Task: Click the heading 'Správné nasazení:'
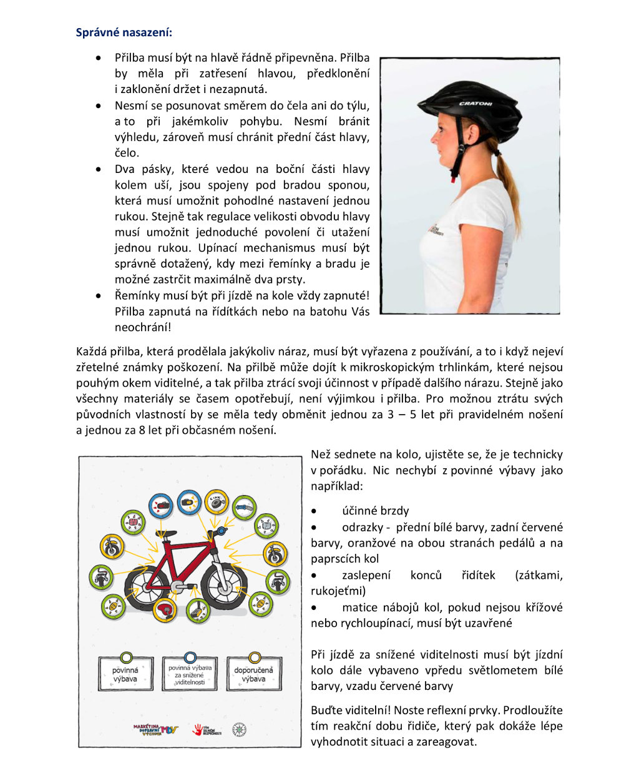click(124, 32)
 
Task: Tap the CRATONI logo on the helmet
click(476, 104)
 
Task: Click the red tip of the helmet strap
click(452, 179)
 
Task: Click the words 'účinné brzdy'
click(375, 510)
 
